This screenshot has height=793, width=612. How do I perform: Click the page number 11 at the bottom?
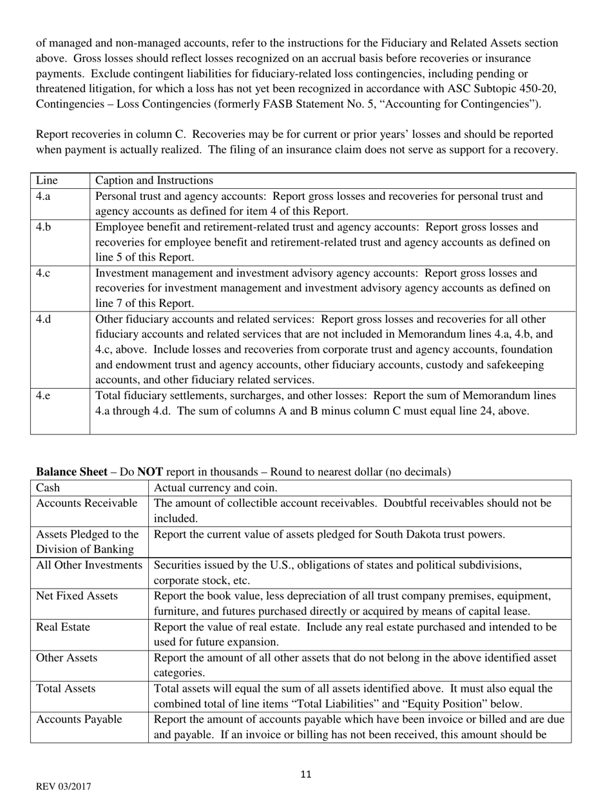click(305, 774)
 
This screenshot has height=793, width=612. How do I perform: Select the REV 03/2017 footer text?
click(63, 787)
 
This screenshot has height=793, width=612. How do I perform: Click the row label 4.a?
click(43, 196)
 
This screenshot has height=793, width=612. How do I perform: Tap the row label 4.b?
click(44, 227)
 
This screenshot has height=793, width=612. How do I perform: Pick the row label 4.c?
click(43, 273)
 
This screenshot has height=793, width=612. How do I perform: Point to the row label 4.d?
click(44, 319)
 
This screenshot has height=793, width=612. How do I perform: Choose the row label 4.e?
click(43, 395)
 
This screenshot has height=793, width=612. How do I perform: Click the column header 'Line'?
click(46, 181)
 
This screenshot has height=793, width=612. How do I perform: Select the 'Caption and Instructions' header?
click(154, 181)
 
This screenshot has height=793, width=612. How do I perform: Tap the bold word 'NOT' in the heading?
click(149, 472)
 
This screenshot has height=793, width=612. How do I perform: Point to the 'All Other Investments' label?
click(89, 565)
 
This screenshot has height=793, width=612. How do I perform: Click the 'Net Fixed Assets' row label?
click(77, 596)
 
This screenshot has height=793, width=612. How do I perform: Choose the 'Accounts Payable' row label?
click(79, 720)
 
